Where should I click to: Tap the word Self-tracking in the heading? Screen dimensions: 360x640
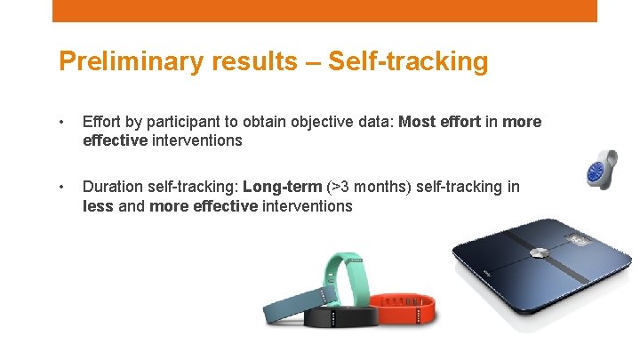(408, 61)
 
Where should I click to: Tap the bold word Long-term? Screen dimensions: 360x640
(283, 187)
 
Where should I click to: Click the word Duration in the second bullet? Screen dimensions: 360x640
(114, 187)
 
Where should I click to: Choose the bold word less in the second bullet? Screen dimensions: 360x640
(97, 206)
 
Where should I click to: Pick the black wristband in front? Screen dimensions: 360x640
(339, 317)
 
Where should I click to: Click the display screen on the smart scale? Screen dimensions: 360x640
(581, 240)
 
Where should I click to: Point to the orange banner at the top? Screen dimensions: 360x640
(324, 11)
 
